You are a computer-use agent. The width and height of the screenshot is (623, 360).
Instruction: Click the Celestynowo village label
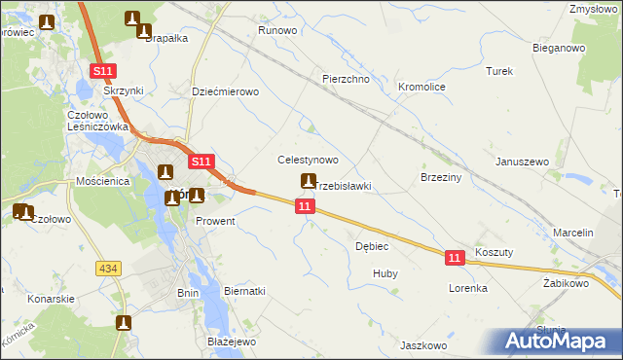(x=308, y=160)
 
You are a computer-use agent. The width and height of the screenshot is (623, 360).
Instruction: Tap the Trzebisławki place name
(x=343, y=186)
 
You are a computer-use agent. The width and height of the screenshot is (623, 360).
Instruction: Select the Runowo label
(x=276, y=31)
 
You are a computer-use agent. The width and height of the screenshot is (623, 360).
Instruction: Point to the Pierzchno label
(x=346, y=79)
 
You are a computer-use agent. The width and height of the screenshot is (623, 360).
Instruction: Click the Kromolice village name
(x=421, y=87)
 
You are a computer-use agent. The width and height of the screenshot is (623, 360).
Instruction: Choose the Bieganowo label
(x=558, y=47)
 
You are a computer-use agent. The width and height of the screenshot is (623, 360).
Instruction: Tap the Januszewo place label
(x=523, y=162)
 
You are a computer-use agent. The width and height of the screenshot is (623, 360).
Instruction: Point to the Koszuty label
(x=495, y=251)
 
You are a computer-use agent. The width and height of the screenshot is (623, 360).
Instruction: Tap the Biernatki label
(x=244, y=291)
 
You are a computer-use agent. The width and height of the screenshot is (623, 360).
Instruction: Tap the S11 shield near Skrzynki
(x=105, y=71)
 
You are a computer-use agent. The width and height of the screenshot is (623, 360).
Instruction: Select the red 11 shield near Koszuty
(x=455, y=257)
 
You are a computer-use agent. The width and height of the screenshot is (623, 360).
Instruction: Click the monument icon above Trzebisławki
(x=309, y=180)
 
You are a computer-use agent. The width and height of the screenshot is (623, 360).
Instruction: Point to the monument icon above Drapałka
(x=132, y=18)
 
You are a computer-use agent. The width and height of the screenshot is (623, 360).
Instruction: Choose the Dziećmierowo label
(x=225, y=91)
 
